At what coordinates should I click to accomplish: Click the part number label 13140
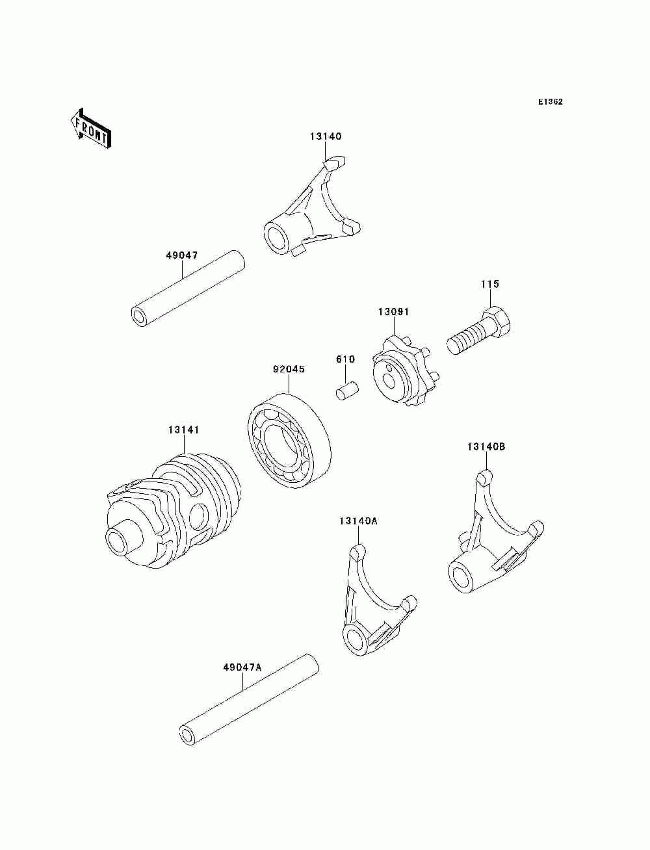pyautogui.click(x=325, y=136)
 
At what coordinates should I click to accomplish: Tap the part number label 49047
pyautogui.click(x=181, y=255)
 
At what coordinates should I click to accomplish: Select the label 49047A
pyautogui.click(x=242, y=667)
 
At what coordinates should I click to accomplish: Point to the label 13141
pyautogui.click(x=183, y=430)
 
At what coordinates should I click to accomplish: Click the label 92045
pyautogui.click(x=289, y=369)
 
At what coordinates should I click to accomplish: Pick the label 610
pyautogui.click(x=345, y=359)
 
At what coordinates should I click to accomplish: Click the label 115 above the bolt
pyautogui.click(x=490, y=284)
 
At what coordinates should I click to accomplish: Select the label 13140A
pyautogui.click(x=357, y=521)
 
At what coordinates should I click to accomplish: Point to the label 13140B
pyautogui.click(x=486, y=446)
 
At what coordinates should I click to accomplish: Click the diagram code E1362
pyautogui.click(x=550, y=101)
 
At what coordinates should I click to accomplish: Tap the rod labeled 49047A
pyautogui.click(x=249, y=701)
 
